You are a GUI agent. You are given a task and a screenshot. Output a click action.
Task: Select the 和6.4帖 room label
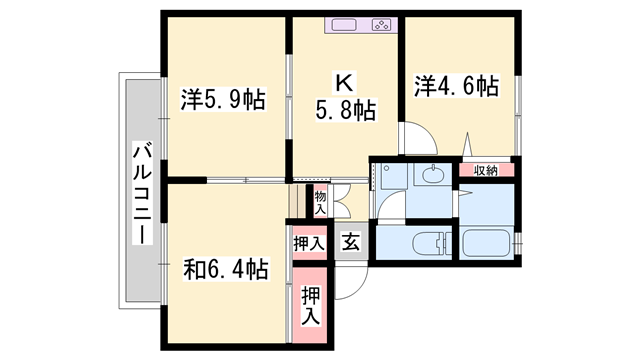click(x=225, y=269)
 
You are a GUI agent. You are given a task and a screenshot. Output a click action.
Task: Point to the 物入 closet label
click(x=320, y=203)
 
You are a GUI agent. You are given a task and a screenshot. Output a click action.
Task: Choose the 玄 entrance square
click(x=350, y=241)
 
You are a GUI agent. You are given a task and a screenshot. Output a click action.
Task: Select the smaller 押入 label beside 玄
click(x=309, y=242)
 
